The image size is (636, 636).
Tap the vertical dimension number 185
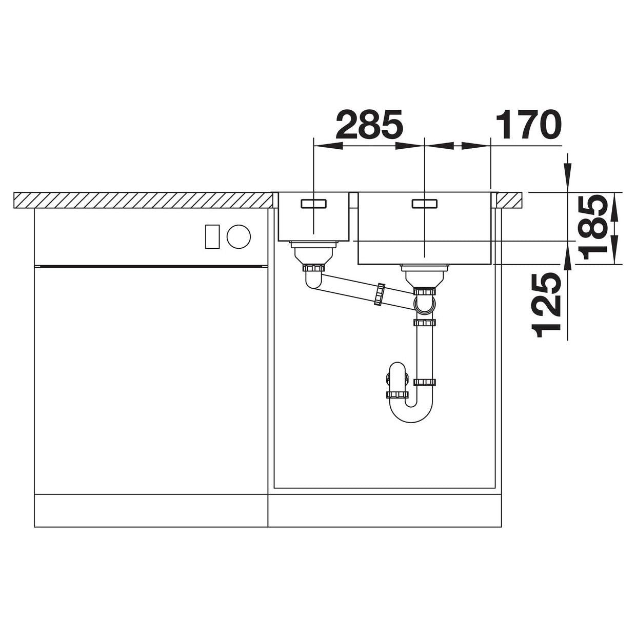click(x=592, y=227)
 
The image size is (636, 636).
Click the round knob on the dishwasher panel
click(x=239, y=236)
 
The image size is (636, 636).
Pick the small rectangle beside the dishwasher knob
click(x=212, y=236)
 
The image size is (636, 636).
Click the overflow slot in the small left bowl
click(x=313, y=204)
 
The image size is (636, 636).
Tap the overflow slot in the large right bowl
click(x=425, y=204)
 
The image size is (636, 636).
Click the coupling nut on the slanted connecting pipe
click(x=380, y=294)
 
